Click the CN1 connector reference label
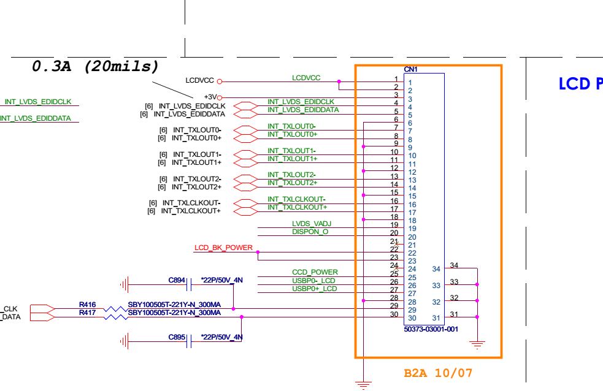point(410,69)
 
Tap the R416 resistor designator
point(87,304)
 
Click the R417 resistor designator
point(87,313)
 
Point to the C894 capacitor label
point(177,280)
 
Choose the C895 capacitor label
point(177,337)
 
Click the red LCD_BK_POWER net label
point(223,248)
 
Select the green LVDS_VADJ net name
point(311,224)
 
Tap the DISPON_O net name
point(310,232)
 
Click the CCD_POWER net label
point(315,272)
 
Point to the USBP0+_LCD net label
point(314,288)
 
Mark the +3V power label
point(210,97)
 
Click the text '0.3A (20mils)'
point(95,66)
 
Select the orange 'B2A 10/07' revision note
point(438,373)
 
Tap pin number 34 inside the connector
point(436,269)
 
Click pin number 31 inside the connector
point(436,318)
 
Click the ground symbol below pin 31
point(478,344)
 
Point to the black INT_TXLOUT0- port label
point(197,130)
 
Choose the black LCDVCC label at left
point(199,81)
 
